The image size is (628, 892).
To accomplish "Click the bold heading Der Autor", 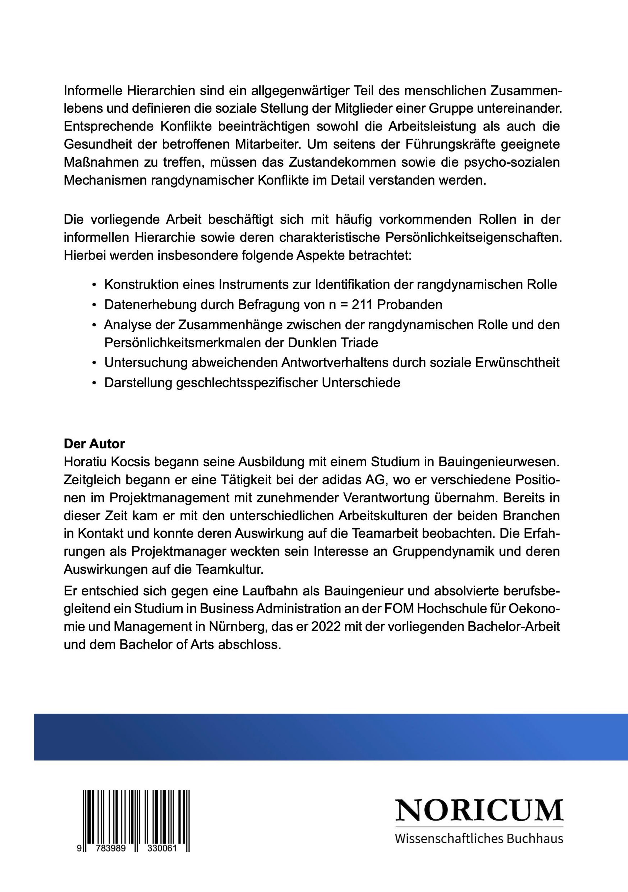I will coord(94,444).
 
